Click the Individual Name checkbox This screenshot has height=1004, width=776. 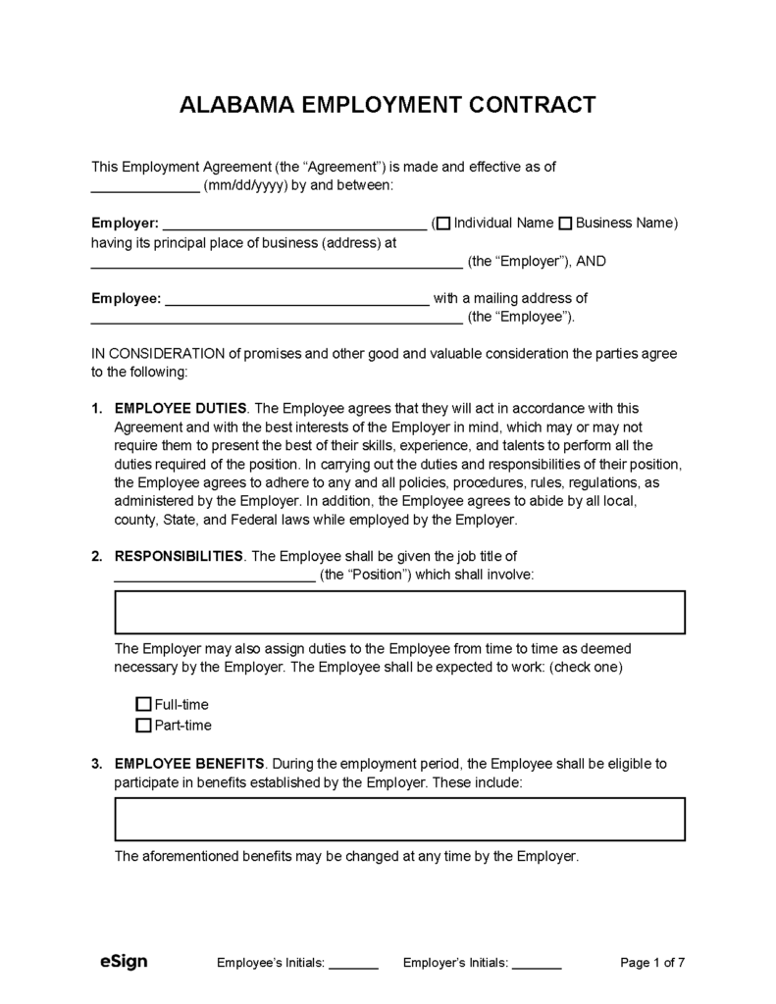pos(443,224)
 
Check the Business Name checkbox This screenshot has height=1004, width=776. pos(565,224)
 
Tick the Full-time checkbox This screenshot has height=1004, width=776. pos(143,704)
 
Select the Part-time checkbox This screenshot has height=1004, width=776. pos(143,726)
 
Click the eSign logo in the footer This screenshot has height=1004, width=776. pos(124,962)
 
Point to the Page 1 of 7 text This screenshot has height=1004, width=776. pos(652,963)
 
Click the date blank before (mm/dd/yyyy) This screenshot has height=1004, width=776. pos(145,187)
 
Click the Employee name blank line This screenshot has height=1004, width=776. pos(295,301)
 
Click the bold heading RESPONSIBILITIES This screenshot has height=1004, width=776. pos(180,556)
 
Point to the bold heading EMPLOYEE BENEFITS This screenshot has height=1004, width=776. pos(188,763)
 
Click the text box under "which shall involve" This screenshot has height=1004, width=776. pos(399,613)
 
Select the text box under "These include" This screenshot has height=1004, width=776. pos(399,819)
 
